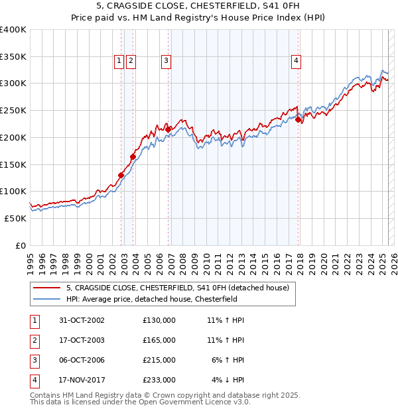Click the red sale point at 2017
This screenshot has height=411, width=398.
tap(298, 120)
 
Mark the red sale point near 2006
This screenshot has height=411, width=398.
tap(168, 129)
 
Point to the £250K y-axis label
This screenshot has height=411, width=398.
tap(13, 111)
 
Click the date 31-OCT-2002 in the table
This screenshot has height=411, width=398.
tap(82, 320)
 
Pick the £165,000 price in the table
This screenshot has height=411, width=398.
tap(159, 340)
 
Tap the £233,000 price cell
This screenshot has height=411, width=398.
tap(159, 380)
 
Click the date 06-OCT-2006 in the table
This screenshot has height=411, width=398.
tap(82, 360)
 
